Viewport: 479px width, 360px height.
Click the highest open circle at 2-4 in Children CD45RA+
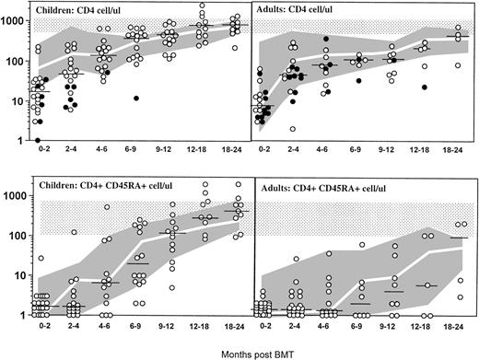pyautogui.click(x=73, y=231)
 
